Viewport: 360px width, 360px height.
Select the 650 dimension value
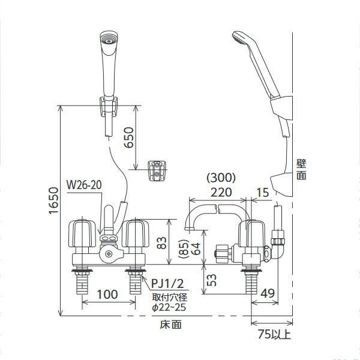click(127, 140)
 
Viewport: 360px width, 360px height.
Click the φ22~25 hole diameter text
click(170, 308)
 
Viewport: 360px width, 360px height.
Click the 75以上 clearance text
click(274, 334)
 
